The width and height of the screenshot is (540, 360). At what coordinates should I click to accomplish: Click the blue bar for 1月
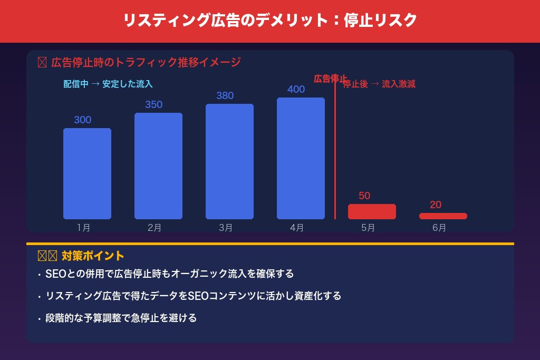point(87,173)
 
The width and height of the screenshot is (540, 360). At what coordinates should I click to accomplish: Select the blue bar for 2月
point(158,166)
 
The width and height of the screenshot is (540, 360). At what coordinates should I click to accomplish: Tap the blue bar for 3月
point(229,161)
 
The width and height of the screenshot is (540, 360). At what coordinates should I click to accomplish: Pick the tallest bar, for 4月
point(301,158)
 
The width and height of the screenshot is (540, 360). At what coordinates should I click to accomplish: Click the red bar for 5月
point(372,211)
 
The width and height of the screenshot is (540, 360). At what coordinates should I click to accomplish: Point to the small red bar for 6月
point(443,216)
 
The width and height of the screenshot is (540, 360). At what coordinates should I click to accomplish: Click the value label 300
point(83,120)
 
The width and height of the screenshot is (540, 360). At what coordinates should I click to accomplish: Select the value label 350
point(154,104)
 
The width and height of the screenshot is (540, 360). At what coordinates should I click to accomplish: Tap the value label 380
point(225,95)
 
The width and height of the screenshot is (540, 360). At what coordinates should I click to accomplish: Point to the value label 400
point(296,89)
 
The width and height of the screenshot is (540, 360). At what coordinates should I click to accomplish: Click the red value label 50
point(364,196)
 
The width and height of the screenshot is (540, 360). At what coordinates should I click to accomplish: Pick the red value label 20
point(436,205)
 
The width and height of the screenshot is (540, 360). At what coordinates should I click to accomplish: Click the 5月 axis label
point(368,228)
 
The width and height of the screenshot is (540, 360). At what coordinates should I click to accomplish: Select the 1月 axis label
point(83,228)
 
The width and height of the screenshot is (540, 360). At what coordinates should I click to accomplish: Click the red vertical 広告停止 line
point(335,153)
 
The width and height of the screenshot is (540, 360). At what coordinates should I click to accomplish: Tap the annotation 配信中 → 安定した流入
point(108,84)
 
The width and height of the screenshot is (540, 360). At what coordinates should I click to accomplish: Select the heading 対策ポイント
point(93,256)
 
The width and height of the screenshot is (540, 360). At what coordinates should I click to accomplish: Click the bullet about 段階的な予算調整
point(121,318)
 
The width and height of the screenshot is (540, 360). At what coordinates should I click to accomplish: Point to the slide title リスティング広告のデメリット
point(270,21)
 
